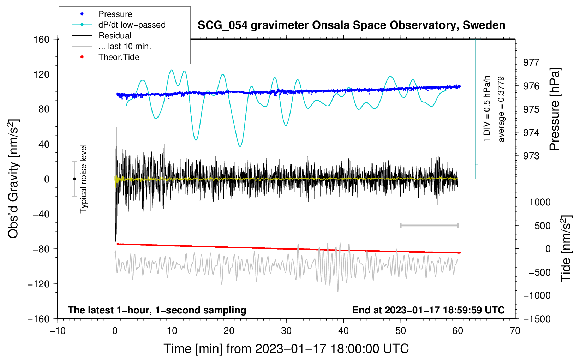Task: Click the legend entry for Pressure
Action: point(115,14)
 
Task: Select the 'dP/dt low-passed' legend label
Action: point(132,25)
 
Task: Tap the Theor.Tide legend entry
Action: point(119,57)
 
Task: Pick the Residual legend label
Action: point(115,36)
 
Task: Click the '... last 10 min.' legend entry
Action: point(125,46)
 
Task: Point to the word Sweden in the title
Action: point(484,25)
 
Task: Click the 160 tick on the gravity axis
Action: point(41,40)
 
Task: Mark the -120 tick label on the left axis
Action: point(38,284)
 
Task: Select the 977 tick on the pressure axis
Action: point(531,62)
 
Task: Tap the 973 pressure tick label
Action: point(531,156)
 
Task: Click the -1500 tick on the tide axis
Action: point(537,319)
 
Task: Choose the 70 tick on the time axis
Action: point(515,331)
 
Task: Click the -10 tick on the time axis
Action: point(58,331)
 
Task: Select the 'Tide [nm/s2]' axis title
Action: point(566,248)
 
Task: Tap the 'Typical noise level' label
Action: point(83,179)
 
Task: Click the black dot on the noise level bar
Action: point(74,179)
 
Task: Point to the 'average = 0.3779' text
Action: point(501,109)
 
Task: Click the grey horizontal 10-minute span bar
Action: point(429,226)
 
